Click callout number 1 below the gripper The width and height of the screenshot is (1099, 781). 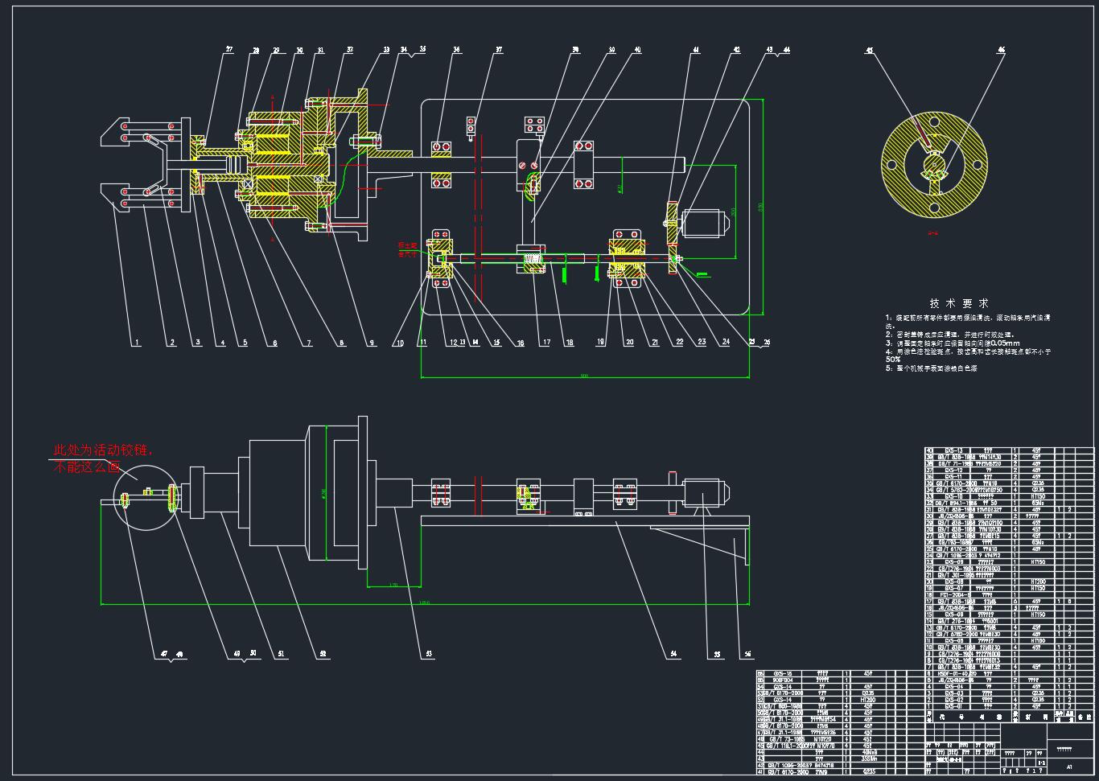pos(137,343)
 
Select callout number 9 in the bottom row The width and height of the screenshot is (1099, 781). pos(372,343)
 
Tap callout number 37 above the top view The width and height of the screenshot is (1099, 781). pos(499,51)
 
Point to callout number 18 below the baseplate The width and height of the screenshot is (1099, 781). pos(570,343)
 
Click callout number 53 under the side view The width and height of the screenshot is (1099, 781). pos(429,655)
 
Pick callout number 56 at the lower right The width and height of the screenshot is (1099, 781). pos(747,655)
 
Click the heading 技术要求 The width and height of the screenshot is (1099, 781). pos(958,303)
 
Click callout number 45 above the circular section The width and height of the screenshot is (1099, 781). pos(869,51)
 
